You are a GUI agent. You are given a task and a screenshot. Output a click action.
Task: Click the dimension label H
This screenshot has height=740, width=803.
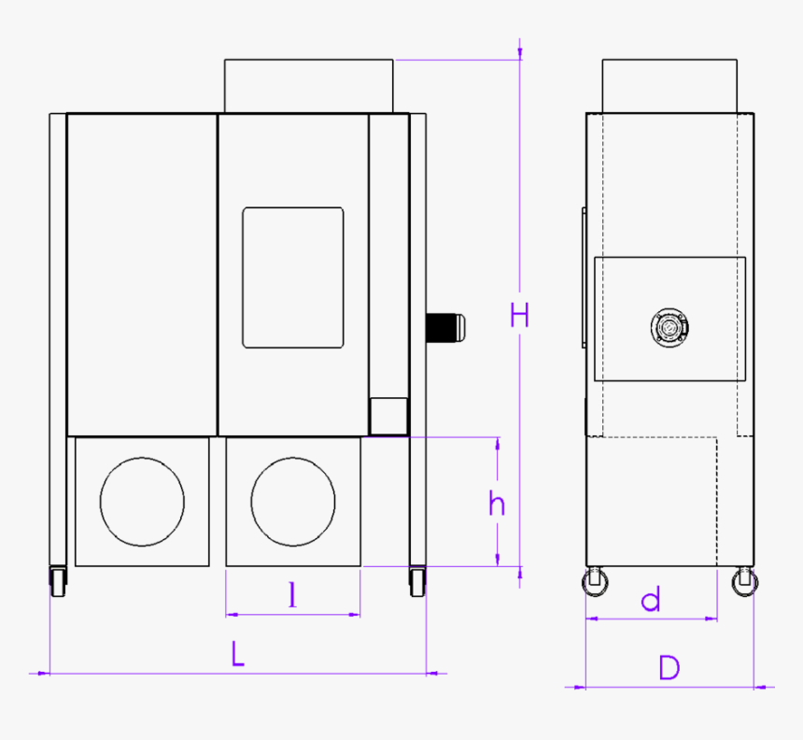pyautogui.click(x=520, y=315)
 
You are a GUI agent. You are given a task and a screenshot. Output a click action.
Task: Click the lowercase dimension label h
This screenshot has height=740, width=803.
pyautogui.click(x=497, y=504)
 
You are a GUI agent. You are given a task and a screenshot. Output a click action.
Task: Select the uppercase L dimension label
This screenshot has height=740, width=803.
pyautogui.click(x=238, y=654)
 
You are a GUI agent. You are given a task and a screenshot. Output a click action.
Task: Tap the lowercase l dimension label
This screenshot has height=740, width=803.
pyautogui.click(x=293, y=595)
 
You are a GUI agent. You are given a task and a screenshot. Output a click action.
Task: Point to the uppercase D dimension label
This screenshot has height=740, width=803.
pyautogui.click(x=669, y=668)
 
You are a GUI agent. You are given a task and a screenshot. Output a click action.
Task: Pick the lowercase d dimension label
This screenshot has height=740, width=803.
pyautogui.click(x=651, y=600)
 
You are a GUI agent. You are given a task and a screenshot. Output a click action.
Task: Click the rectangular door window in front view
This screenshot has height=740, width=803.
pyautogui.click(x=292, y=277)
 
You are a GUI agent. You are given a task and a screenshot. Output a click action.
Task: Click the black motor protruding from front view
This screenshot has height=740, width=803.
pyautogui.click(x=446, y=327)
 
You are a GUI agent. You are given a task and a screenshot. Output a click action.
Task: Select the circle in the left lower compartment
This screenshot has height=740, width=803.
pyautogui.click(x=142, y=502)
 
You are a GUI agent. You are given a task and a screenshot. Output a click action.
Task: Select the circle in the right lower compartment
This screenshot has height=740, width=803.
pyautogui.click(x=292, y=502)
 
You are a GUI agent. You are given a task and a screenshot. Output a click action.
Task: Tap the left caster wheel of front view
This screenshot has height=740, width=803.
pyautogui.click(x=58, y=582)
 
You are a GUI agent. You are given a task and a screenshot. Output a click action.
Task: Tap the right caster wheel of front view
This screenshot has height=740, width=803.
pyautogui.click(x=416, y=582)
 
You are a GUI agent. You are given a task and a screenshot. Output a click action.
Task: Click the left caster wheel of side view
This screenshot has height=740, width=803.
pyautogui.click(x=594, y=582)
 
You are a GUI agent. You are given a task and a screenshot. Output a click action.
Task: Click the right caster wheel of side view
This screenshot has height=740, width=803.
pyautogui.click(x=744, y=582)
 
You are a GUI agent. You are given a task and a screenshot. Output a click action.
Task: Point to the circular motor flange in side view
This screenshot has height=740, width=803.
pyautogui.click(x=669, y=328)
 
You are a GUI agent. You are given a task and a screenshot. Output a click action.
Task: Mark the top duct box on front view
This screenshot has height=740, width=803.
pyautogui.click(x=309, y=86)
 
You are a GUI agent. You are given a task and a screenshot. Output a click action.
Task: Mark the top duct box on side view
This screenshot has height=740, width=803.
pyautogui.click(x=669, y=86)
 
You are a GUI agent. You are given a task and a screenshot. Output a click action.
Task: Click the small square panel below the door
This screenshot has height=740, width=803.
pyautogui.click(x=388, y=416)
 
